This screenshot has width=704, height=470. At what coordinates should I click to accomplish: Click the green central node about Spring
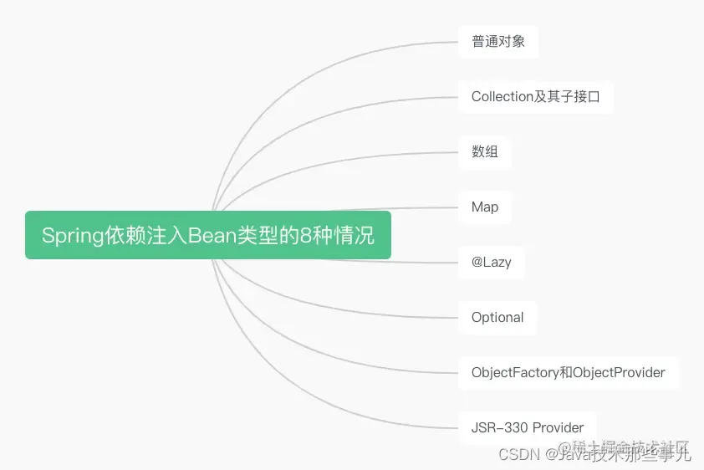pyautogui.click(x=207, y=235)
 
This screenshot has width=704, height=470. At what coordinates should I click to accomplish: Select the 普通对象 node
pyautogui.click(x=498, y=41)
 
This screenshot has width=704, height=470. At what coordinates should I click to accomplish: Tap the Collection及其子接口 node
pyautogui.click(x=535, y=96)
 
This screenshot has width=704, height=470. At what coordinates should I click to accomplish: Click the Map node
pyautogui.click(x=485, y=207)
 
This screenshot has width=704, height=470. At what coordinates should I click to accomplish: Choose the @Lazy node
pyautogui.click(x=491, y=262)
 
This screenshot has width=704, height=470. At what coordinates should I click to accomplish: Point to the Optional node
pyautogui.click(x=497, y=317)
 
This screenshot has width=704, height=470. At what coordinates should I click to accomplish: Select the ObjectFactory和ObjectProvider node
pyautogui.click(x=568, y=372)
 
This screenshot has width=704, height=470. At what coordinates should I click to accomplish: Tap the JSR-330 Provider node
pyautogui.click(x=527, y=427)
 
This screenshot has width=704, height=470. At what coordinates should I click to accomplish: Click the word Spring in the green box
pyautogui.click(x=72, y=236)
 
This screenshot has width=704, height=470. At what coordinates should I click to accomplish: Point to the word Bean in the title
pyautogui.click(x=212, y=236)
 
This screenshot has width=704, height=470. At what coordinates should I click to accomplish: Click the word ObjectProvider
pyautogui.click(x=619, y=372)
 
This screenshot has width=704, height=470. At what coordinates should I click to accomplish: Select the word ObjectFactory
pyautogui.click(x=515, y=372)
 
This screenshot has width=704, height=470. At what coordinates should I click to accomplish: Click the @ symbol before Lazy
pyautogui.click(x=477, y=262)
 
